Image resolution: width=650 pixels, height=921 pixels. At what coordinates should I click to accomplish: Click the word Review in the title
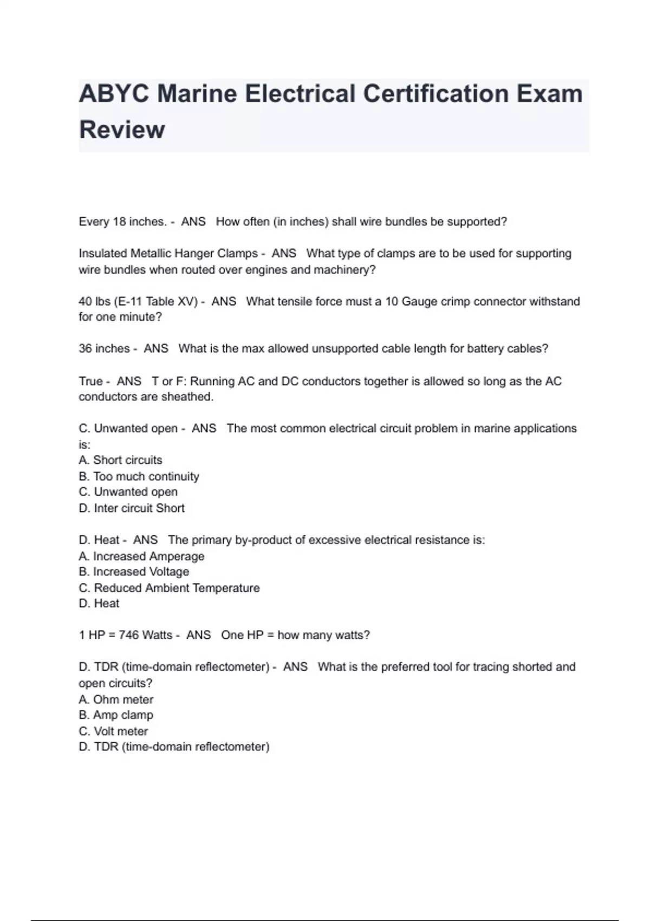point(122,130)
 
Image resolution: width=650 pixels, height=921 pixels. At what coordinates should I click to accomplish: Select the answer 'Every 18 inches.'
point(122,222)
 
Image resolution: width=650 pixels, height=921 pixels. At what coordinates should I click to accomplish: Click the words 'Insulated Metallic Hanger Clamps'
point(168,254)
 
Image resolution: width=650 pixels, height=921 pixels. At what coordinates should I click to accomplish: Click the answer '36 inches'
point(105,348)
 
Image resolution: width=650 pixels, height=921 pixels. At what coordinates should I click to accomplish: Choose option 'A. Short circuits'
point(120,460)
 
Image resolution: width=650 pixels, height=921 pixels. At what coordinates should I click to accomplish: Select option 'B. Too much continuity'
point(139,476)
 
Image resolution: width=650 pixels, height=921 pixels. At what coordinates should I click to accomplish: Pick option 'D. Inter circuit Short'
point(132,508)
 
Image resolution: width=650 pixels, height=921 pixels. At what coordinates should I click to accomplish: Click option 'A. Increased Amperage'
point(141,556)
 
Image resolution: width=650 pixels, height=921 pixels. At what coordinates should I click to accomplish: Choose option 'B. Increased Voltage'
point(134,572)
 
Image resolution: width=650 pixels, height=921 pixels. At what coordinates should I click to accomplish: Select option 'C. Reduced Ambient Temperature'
point(169,588)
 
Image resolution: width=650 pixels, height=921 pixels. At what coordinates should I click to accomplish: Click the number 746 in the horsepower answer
point(129,635)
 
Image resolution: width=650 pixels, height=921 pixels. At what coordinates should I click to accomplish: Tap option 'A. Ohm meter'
point(116,699)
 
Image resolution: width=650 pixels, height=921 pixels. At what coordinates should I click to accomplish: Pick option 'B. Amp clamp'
point(116,715)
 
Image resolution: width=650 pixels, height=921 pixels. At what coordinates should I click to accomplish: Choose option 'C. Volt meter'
point(113,731)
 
